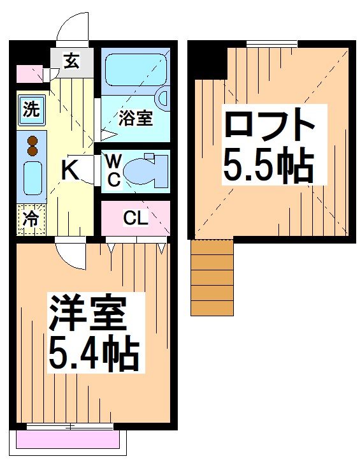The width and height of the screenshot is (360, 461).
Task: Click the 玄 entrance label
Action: pos(72,62)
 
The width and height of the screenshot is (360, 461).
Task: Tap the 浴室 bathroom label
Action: pos(136,118)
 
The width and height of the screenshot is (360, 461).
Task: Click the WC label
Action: pos(113,170)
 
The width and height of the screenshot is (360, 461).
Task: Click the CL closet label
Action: pos(135,219)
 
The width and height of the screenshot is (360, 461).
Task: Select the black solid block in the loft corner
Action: pos(208,60)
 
